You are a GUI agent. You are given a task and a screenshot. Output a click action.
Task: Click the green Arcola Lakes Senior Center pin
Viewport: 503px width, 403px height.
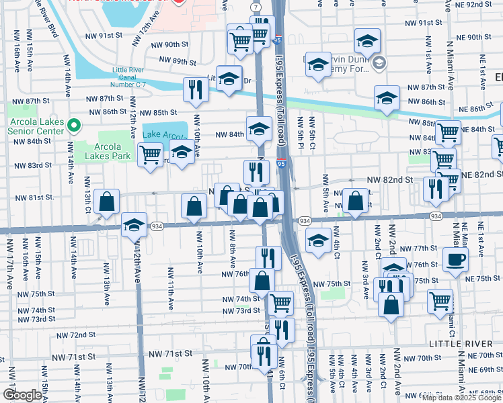[75, 124]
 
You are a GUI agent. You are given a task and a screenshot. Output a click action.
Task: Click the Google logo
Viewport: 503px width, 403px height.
[22, 395]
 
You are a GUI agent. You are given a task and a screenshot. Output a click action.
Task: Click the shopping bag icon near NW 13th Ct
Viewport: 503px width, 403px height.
[107, 201]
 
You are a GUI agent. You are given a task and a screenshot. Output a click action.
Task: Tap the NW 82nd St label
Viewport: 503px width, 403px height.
[389, 180]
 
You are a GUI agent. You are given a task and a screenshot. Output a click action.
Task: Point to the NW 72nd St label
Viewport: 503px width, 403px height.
[76, 334]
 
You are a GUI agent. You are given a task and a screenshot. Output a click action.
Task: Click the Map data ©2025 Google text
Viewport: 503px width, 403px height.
[461, 398]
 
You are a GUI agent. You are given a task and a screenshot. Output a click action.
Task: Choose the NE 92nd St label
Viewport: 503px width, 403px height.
[481, 5]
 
